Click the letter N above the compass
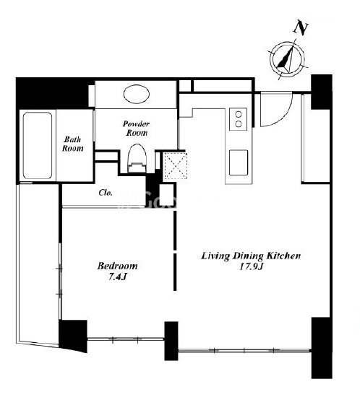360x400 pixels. (301, 28)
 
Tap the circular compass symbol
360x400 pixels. (287, 59)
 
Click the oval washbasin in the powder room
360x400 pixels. (137, 94)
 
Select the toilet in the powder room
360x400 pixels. (137, 158)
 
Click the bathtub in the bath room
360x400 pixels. (38, 145)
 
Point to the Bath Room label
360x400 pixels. (73, 144)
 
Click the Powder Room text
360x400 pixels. (137, 129)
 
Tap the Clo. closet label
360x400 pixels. (106, 193)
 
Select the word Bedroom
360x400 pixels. (117, 266)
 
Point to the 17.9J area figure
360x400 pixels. (252, 266)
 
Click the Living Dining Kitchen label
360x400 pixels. (252, 256)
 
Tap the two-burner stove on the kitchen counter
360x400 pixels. (239, 119)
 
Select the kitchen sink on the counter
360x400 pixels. (239, 162)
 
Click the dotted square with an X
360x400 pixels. (176, 166)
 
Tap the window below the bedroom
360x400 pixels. (125, 339)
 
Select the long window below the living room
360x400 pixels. (244, 350)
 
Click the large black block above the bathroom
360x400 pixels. (52, 93)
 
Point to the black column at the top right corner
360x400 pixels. (322, 92)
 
